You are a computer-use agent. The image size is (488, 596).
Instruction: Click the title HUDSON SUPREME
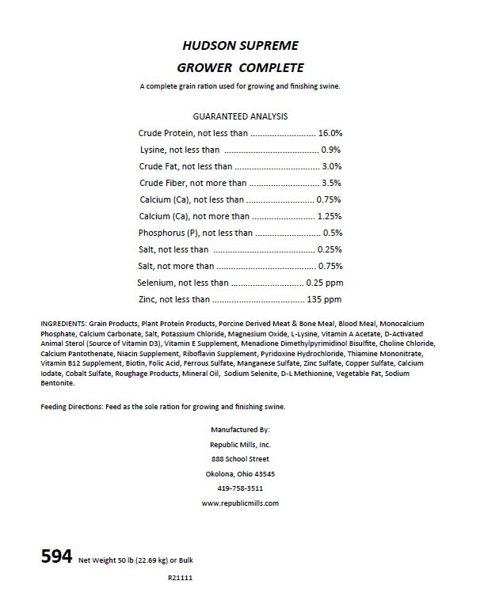click(240, 47)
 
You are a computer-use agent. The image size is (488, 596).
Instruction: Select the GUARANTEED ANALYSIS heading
click(240, 116)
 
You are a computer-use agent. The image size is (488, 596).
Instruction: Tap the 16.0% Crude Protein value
click(330, 134)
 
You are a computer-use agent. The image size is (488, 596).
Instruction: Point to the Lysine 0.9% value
click(331, 150)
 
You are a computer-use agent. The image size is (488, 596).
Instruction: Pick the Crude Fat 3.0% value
click(331, 167)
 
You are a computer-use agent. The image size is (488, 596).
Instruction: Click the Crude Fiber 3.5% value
click(331, 184)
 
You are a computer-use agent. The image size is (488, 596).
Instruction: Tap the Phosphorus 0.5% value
click(332, 233)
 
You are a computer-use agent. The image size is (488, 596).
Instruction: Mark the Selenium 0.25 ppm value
click(324, 283)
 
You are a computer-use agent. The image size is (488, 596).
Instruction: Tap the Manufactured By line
click(241, 428)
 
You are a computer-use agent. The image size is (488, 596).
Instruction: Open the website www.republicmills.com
click(241, 503)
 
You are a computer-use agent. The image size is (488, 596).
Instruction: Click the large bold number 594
click(57, 556)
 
